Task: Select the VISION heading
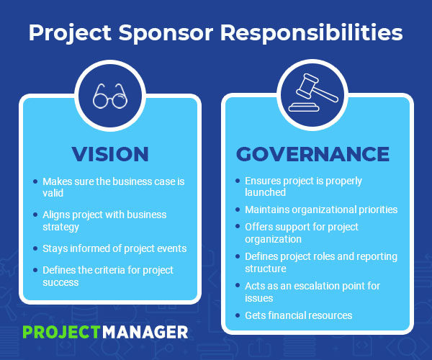[110, 153]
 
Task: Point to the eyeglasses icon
[109, 96]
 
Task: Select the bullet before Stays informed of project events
[35, 248]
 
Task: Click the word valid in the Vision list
[53, 193]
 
